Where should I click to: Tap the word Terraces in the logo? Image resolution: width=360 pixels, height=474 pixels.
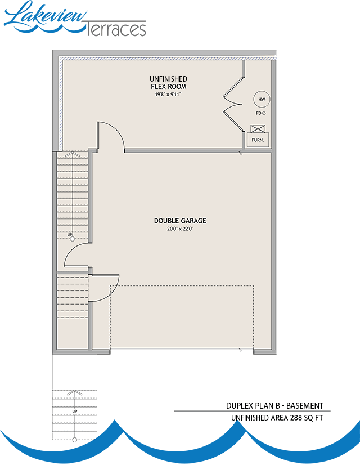coord(116,29)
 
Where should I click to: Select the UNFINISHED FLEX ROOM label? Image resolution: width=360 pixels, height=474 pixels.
coord(168,83)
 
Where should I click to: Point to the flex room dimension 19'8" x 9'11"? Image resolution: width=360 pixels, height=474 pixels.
coord(168,95)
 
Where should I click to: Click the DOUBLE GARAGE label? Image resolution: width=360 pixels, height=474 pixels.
coord(176,221)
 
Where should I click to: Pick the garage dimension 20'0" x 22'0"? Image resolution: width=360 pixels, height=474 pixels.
coord(176,229)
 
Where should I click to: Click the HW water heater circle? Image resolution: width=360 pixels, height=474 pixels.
coord(261,100)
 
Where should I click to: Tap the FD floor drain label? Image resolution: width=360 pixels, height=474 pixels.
coord(258,113)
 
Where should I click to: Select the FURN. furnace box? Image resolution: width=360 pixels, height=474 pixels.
coord(258,138)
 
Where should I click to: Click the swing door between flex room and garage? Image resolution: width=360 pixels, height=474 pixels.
coord(110,136)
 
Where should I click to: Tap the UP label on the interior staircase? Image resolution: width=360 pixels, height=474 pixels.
coord(70,234)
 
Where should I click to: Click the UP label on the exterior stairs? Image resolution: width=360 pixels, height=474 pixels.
coord(74,412)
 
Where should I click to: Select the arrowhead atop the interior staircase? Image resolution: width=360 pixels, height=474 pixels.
coord(72,153)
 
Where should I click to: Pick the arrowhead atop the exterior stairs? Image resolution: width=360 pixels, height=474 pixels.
coord(74,391)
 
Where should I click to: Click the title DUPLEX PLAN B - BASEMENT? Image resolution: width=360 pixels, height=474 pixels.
coord(274,405)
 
